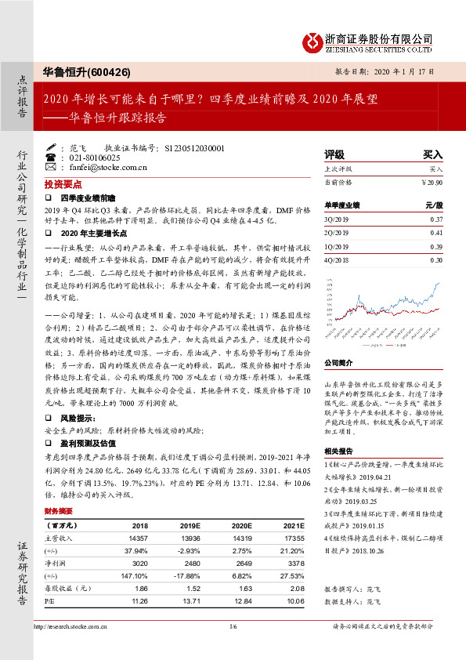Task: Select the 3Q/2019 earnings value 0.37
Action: pos(436,220)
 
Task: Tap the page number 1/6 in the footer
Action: pos(233,626)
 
